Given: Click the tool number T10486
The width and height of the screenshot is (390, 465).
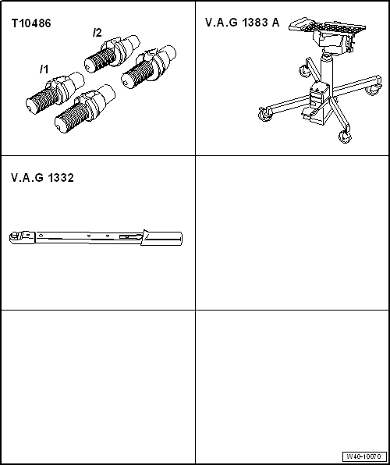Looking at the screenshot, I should click(x=31, y=24).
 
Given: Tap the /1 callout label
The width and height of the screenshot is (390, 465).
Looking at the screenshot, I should click(x=44, y=69).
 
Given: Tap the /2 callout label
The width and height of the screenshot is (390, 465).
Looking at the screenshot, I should click(x=97, y=33).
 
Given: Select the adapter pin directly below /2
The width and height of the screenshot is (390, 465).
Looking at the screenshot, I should click(x=110, y=52).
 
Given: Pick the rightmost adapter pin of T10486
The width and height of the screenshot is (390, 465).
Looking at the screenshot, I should click(x=148, y=71).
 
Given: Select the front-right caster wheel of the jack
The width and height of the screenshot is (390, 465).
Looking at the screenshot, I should click(x=344, y=137).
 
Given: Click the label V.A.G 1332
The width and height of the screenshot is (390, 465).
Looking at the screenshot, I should click(x=42, y=178).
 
